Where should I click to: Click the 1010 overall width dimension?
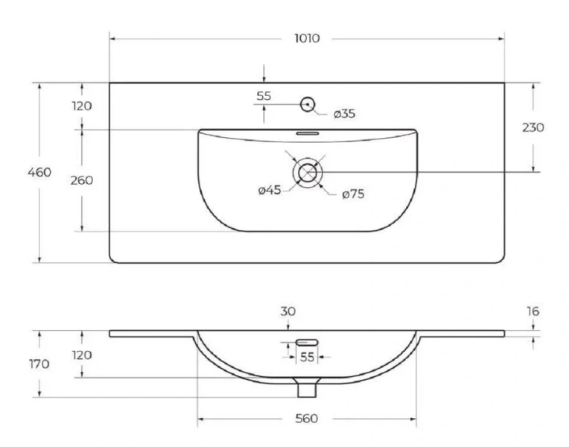pyautogui.click(x=307, y=38)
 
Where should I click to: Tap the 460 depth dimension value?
pyautogui.click(x=39, y=172)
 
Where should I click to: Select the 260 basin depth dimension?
pyautogui.click(x=82, y=180)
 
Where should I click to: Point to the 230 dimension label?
pyautogui.click(x=533, y=127)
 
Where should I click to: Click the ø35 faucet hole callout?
pyautogui.click(x=344, y=114)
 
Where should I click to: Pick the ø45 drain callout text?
pyautogui.click(x=270, y=189)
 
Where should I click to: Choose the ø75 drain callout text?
pyautogui.click(x=353, y=194)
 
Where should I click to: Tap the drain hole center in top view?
pyautogui.click(x=308, y=172)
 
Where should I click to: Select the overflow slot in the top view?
pyautogui.click(x=308, y=133)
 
